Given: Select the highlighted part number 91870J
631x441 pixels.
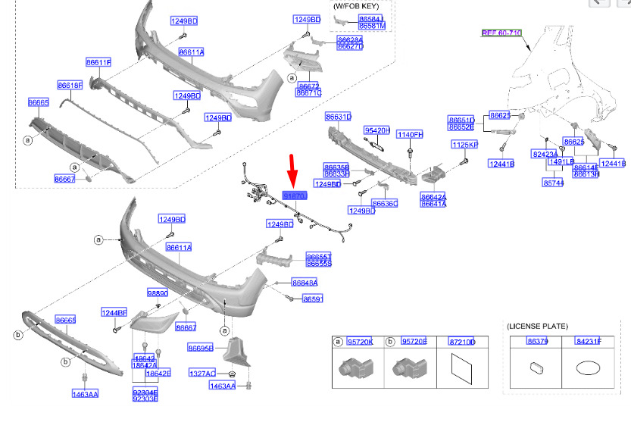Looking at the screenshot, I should pos(295,195).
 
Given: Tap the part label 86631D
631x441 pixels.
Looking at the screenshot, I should pos(338,117).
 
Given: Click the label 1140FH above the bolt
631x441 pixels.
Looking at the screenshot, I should pos(410,135).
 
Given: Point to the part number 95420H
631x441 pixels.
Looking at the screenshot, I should pos(376,130).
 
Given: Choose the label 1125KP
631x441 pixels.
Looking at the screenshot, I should pos(464,144).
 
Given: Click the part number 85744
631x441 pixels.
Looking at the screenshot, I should pos(552,183).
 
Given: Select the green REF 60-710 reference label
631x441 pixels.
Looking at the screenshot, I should pos(501,33).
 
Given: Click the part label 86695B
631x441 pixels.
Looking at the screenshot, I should pos(200,348).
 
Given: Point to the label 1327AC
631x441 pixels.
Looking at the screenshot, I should pos(202,374).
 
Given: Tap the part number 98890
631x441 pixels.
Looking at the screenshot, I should pos(158,293).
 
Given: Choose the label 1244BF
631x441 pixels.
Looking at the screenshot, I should pos(114,312).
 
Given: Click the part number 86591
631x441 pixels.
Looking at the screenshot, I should pos(313,299).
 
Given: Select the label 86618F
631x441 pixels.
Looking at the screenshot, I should pos(70,86).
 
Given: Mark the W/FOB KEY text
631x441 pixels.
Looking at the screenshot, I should pos(355,5).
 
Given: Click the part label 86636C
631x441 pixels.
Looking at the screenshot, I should pos(385,204).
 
